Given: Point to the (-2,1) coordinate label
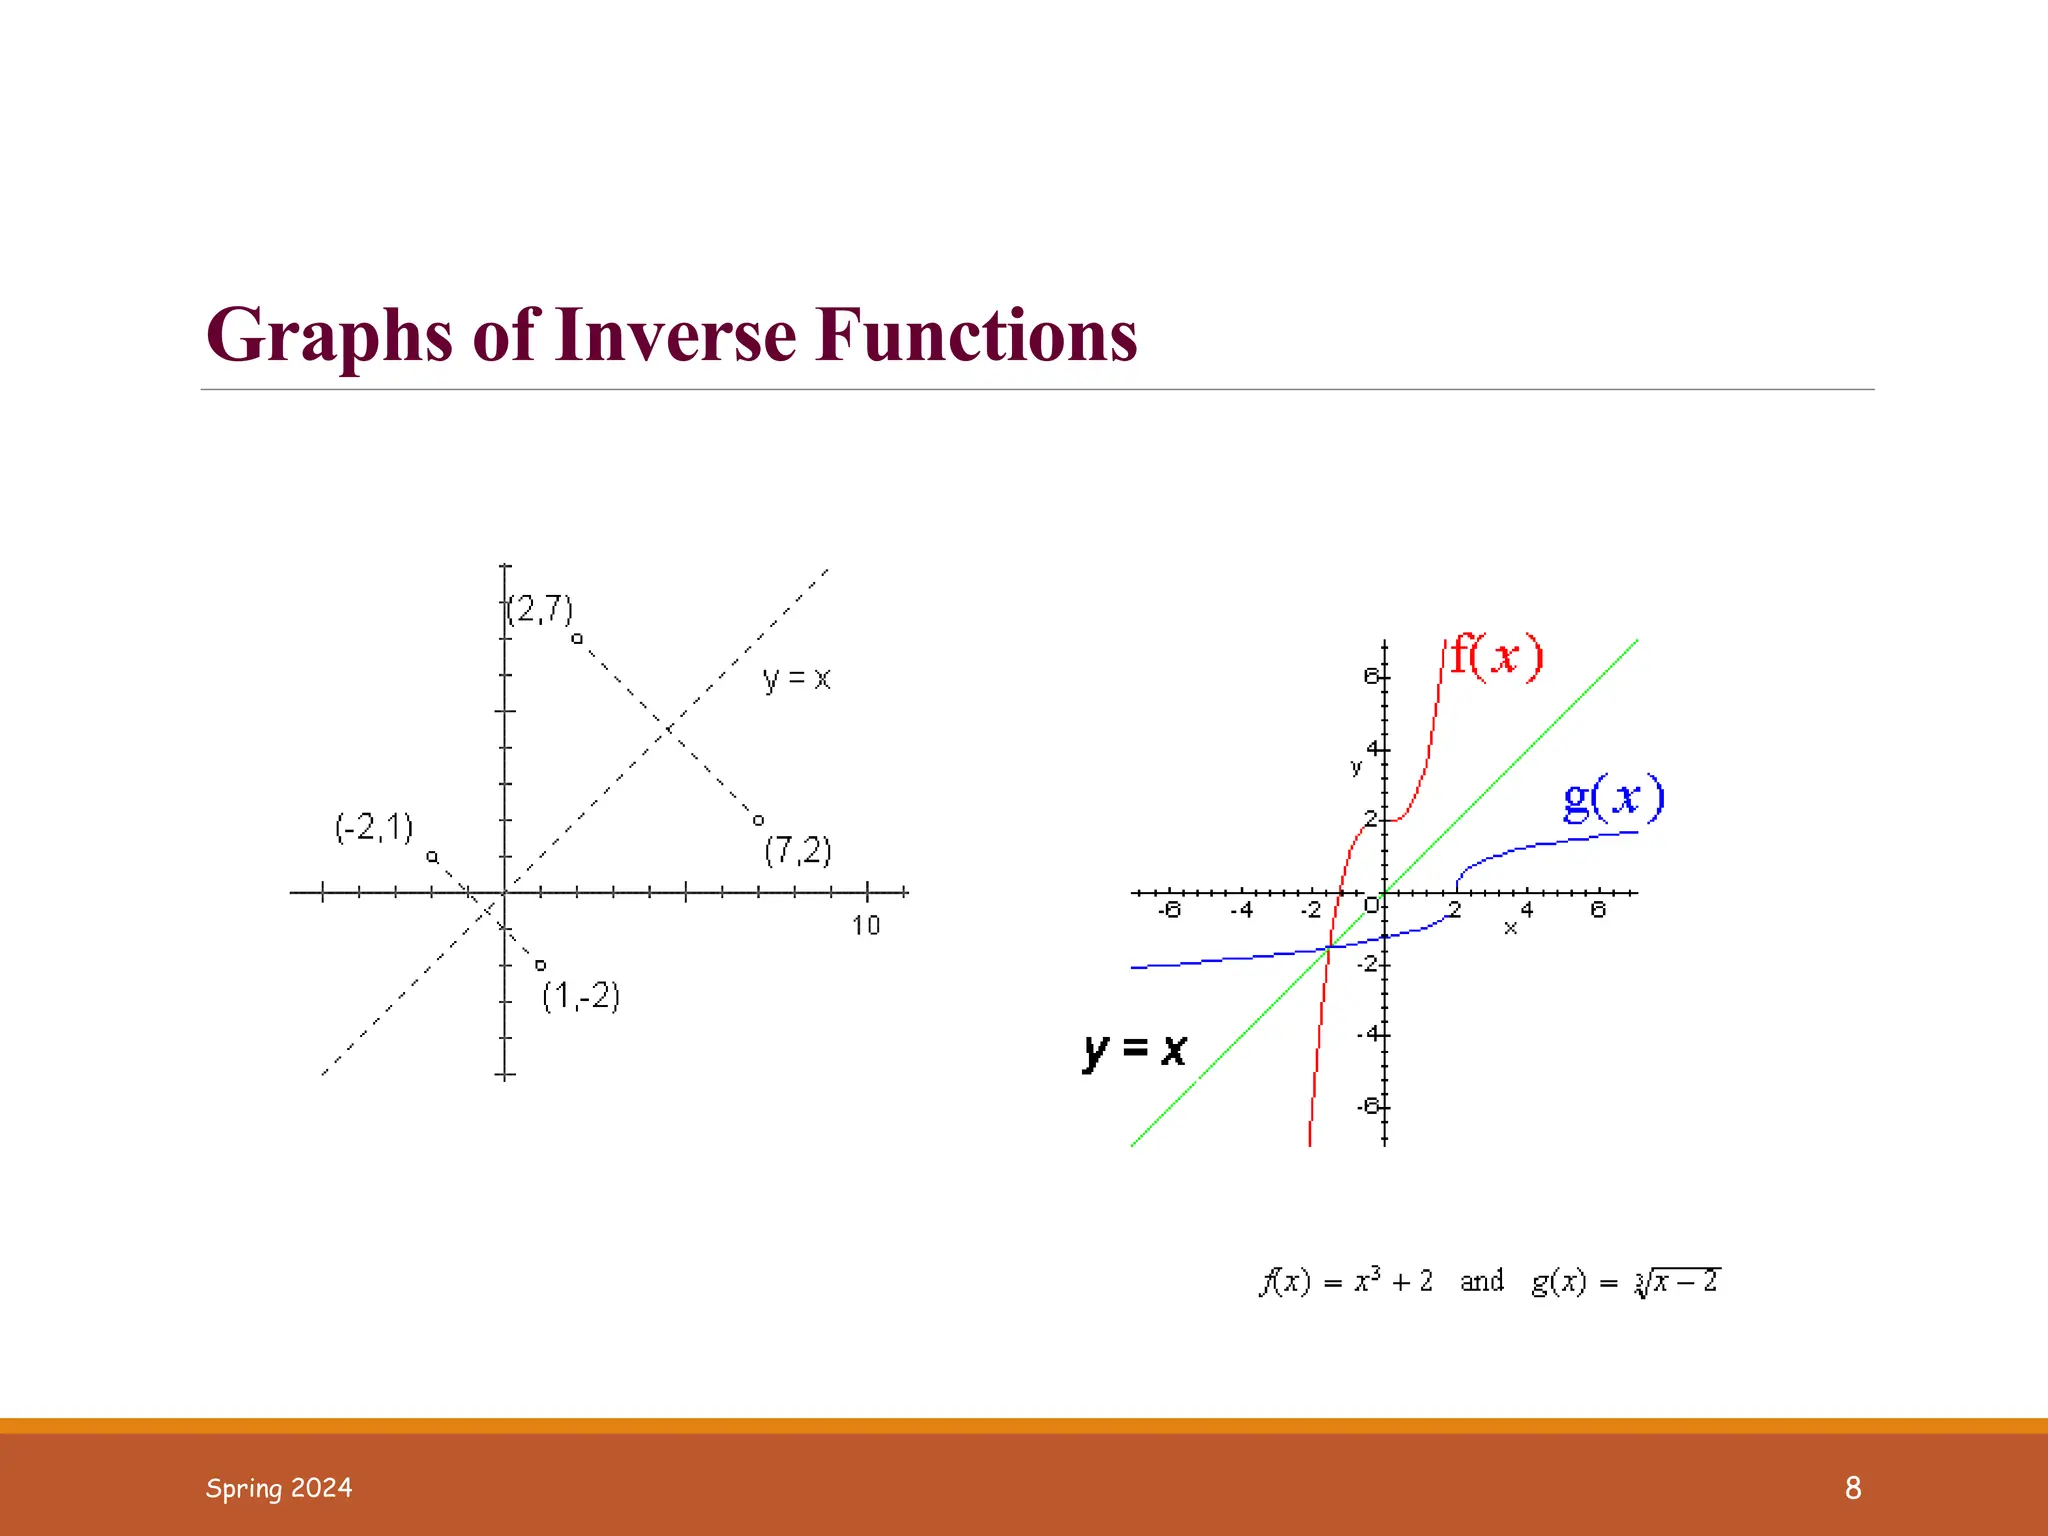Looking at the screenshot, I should tap(374, 828).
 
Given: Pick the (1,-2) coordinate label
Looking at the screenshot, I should tap(581, 996).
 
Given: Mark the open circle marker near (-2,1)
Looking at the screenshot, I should tap(432, 857).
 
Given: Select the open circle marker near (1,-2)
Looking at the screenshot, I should tap(540, 965).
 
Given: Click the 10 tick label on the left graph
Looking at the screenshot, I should tap(866, 926).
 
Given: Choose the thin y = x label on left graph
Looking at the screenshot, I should tap(796, 679).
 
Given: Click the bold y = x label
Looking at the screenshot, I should tap(1135, 1050).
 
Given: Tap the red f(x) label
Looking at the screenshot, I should tap(1496, 657).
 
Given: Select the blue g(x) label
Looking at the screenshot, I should tap(1613, 798).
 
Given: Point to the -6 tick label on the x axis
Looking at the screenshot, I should tap(1168, 910).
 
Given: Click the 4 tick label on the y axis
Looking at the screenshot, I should tap(1374, 749).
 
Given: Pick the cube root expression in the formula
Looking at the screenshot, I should tap(1677, 1281).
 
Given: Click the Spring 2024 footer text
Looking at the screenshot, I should tap(279, 1488).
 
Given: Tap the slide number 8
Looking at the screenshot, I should tap(1853, 1488).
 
